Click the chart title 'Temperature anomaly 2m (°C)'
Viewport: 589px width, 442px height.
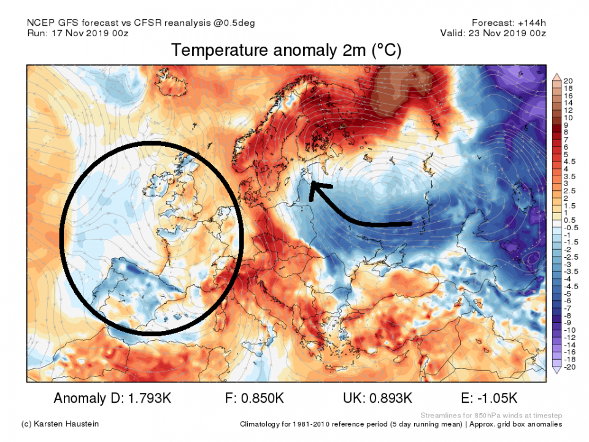286,51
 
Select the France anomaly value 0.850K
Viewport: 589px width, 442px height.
261,398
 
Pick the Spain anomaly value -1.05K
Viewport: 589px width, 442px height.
499,398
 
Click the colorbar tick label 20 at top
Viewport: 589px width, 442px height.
568,80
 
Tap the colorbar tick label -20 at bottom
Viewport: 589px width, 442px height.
569,368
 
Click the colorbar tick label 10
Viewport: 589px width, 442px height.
568,117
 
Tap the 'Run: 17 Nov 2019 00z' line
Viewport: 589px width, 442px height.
78,34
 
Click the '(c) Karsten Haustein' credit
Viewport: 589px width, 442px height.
60,424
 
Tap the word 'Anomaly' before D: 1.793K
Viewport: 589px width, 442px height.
79,398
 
